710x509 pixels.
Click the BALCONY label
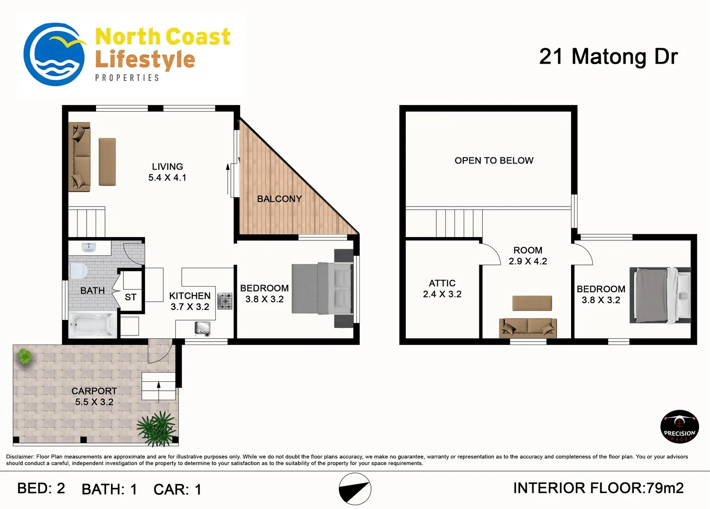279,199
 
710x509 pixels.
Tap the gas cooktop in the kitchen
225,301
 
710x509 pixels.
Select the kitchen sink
202,328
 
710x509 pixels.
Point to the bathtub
93,325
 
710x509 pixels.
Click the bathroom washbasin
89,247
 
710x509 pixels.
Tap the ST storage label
130,297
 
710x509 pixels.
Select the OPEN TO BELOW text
494,161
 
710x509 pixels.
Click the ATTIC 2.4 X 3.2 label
442,288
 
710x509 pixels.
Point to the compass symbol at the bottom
355,489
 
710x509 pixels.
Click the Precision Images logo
679,426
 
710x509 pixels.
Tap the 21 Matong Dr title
608,57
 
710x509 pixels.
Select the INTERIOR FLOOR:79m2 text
598,488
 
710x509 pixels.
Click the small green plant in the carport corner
25,356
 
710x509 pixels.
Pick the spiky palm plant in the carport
157,428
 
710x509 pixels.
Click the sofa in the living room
79,157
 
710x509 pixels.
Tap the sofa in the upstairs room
528,328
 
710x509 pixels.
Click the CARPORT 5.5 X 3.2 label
94,396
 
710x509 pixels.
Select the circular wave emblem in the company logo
54,54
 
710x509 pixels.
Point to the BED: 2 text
41,488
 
